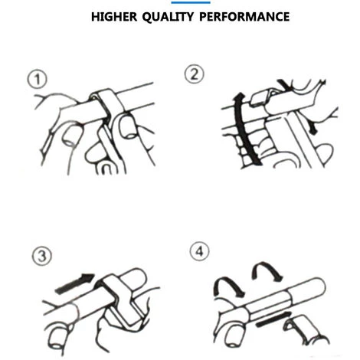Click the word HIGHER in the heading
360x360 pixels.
point(114,17)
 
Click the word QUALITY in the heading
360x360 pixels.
point(168,17)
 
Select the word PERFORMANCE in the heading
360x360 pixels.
point(244,17)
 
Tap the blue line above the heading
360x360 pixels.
point(191,2)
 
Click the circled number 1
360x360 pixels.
point(38,79)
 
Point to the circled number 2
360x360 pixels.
point(195,74)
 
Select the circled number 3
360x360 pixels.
point(42,256)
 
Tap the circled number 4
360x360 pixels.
point(199,251)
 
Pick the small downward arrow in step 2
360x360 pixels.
point(313,128)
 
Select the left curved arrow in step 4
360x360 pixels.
point(228,285)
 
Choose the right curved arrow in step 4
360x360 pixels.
point(266,270)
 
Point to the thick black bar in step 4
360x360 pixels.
point(273,319)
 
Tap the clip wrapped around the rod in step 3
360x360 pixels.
point(120,299)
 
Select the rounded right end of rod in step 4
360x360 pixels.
point(319,286)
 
